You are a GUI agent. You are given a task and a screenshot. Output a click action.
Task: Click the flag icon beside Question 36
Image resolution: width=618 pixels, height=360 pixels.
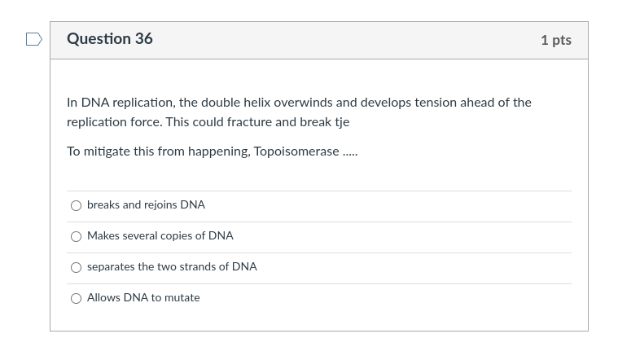coord(33,39)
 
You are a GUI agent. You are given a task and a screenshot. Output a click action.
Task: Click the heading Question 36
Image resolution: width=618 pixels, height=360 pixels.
coord(110,39)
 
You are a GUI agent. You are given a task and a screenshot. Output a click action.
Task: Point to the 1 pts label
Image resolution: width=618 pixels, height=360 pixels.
coord(556,40)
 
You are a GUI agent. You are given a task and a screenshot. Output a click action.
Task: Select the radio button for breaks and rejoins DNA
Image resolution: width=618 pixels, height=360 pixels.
coord(76,205)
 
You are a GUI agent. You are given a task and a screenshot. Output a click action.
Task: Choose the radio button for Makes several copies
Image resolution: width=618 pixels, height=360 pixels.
coord(76,236)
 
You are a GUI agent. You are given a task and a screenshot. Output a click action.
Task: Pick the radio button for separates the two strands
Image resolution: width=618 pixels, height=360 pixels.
coord(76,267)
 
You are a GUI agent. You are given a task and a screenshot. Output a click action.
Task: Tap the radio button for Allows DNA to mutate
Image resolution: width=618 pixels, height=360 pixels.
coord(76,298)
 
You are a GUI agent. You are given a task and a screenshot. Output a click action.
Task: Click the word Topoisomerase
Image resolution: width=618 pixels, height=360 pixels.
coord(296,151)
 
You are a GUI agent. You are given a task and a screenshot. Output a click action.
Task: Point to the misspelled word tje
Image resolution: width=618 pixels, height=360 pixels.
coord(341,122)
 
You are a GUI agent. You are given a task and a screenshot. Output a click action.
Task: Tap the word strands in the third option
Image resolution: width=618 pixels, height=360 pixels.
coord(195,267)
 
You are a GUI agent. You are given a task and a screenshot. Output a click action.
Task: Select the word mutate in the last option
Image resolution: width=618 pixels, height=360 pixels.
coord(182,298)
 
